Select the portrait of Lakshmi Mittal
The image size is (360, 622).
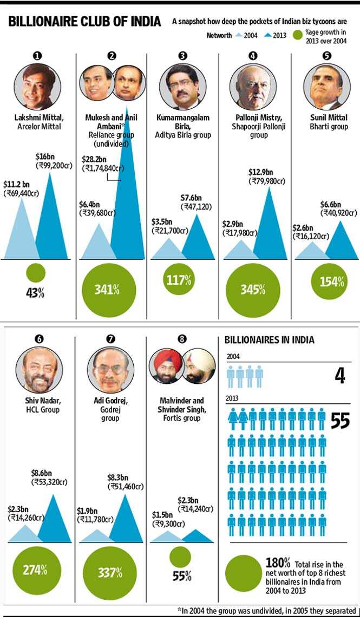pyautogui.click(x=38, y=87)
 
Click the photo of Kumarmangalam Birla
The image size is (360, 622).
pyautogui.click(x=183, y=87)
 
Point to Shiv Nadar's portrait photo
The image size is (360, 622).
pyautogui.click(x=40, y=370)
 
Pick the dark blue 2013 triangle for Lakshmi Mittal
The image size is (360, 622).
pyautogui.click(x=51, y=216)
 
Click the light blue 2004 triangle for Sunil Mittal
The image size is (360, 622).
pyautogui.click(x=312, y=250)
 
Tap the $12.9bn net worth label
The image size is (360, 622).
pyautogui.click(x=260, y=173)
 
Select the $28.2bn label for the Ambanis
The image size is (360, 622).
pyautogui.click(x=94, y=160)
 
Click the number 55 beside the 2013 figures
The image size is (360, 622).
pyautogui.click(x=340, y=421)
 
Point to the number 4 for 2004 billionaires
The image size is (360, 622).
pyautogui.click(x=340, y=375)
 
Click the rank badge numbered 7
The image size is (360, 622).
pyautogui.click(x=110, y=339)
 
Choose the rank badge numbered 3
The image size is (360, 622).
pyautogui.click(x=182, y=56)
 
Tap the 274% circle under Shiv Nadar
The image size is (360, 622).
pyautogui.click(x=35, y=570)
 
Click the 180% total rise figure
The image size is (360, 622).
pyautogui.click(x=278, y=563)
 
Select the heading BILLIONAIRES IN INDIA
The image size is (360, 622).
pyautogui.click(x=270, y=340)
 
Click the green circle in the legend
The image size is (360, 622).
pyautogui.click(x=297, y=36)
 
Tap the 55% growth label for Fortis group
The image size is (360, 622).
pyautogui.click(x=182, y=576)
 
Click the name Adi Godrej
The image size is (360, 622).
pyautogui.click(x=110, y=401)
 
